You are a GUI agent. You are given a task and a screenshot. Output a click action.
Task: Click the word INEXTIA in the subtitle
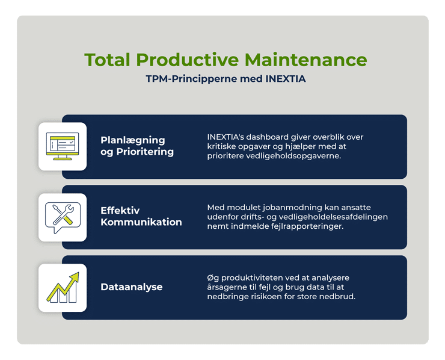tap(285, 79)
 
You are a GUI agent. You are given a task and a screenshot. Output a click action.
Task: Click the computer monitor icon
tap(62, 147)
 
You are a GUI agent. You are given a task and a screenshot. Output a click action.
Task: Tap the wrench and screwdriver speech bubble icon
tap(62, 217)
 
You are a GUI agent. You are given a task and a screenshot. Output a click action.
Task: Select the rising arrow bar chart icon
tap(62, 288)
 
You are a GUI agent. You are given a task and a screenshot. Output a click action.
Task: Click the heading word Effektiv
tap(120, 211)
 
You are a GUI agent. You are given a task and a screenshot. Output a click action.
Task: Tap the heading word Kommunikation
tap(141, 222)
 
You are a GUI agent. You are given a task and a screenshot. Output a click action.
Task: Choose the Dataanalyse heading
tap(132, 287)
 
